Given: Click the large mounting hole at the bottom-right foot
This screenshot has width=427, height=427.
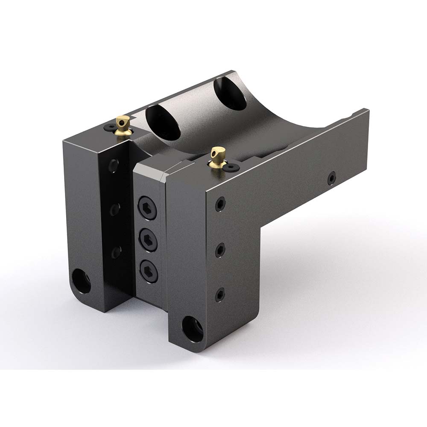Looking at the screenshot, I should click(193, 328).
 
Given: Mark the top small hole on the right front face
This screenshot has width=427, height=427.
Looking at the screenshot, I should click(220, 204).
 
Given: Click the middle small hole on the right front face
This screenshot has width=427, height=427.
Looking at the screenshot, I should click(220, 249).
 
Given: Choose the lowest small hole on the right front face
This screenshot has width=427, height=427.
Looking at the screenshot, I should click(220, 294).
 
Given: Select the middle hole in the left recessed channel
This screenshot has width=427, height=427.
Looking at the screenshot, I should click(115, 209).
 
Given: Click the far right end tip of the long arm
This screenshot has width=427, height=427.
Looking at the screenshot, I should click(366, 112).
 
